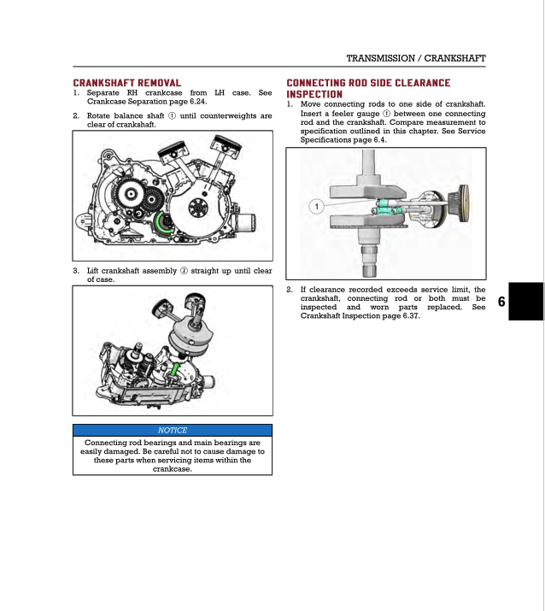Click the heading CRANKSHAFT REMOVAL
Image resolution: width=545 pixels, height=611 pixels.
[x=126, y=83]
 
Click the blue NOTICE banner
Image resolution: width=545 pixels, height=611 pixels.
[x=173, y=430]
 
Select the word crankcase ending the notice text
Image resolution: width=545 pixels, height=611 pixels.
[x=173, y=468]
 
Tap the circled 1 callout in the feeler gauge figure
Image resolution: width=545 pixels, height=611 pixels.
[x=315, y=207]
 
